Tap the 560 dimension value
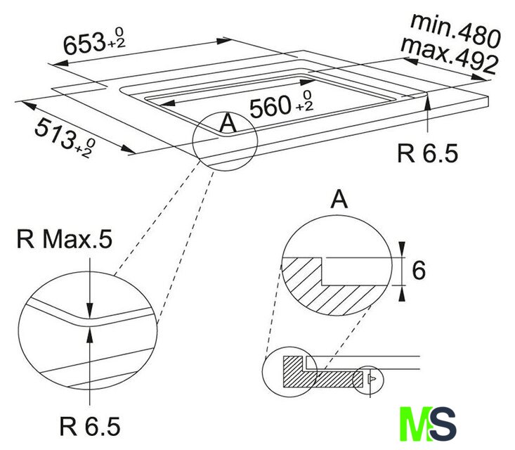(270, 107)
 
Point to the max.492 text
(449, 56)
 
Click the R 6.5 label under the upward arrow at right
(427, 153)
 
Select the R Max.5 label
(65, 239)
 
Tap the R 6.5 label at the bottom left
(90, 426)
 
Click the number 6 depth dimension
(419, 271)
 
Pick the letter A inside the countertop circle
(228, 123)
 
